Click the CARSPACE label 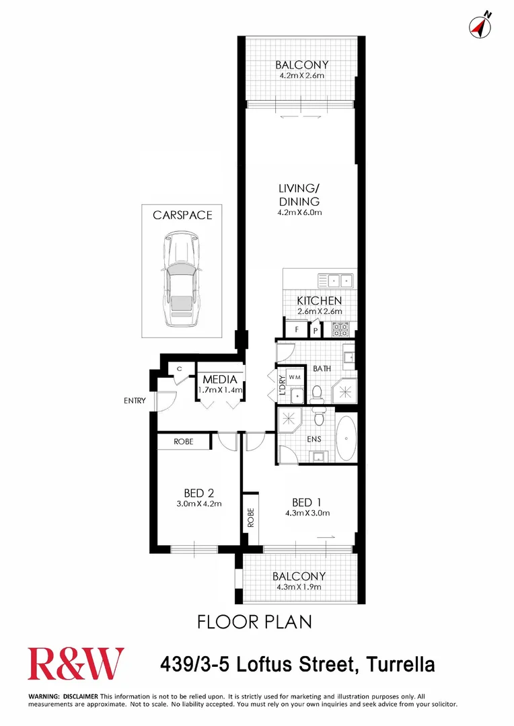coord(182,215)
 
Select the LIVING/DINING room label coord(299,195)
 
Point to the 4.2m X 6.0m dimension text coord(300,213)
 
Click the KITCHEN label coord(320,300)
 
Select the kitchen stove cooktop coord(340,329)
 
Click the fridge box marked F coord(296,330)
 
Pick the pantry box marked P coord(315,331)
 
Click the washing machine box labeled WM coord(296,378)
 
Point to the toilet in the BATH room coord(318,393)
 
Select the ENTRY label coord(135,401)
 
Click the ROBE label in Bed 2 coord(184,442)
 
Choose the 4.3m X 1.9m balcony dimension coord(299,588)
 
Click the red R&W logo coord(75,663)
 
